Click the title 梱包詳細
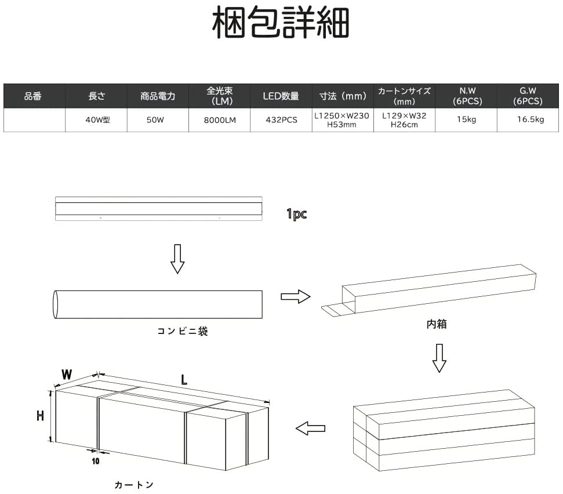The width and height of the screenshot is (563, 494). pos(281,23)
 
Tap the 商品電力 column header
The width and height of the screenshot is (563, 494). pos(158,96)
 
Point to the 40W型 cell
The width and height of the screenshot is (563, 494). pos(96,120)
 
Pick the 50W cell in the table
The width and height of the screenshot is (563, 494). pos(158,120)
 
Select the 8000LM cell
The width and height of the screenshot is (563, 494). pos(219,120)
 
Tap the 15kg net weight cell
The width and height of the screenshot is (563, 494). pos(466,120)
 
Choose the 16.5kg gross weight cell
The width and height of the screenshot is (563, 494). pos(530,120)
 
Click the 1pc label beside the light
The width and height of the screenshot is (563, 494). pos(296,214)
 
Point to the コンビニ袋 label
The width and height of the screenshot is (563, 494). pos(182,332)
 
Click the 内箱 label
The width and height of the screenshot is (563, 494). pos(436,325)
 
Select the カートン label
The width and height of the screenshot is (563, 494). pos(134,484)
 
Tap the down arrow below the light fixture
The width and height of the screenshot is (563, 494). pos(177,259)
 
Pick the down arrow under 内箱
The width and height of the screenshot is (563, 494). pos(439,357)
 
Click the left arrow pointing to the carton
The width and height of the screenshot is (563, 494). pos(310,428)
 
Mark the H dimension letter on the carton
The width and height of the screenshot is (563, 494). pos(41,416)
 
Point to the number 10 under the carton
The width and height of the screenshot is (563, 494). pos(95,462)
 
